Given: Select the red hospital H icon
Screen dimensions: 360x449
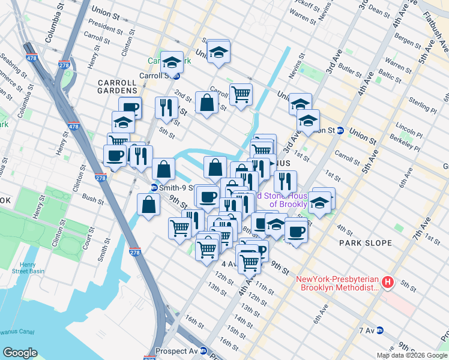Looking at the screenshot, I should tap(388, 281).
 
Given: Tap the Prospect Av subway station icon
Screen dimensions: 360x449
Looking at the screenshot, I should tap(203, 351).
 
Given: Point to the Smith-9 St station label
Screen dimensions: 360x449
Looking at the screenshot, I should tap(173, 187).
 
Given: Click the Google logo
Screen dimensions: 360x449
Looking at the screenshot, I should tap(20, 353).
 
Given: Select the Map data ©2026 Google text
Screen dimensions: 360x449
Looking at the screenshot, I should tap(412, 355).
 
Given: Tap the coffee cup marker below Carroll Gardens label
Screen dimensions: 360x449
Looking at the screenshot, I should tap(130, 107).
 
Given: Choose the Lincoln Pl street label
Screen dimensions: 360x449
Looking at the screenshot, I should tap(409, 128).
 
